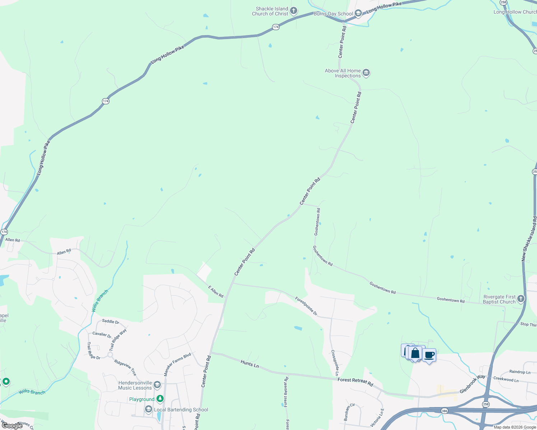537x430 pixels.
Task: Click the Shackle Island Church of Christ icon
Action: tap(294, 11)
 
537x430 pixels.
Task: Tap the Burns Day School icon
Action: tap(358, 14)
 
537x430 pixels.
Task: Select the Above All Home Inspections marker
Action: tap(366, 73)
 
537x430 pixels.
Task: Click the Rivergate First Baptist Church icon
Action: tap(521, 299)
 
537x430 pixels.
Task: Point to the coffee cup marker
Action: tap(429, 355)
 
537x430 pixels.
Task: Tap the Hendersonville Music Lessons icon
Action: tap(157, 385)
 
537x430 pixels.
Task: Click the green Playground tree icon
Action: tap(160, 399)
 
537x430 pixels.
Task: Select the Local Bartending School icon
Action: tap(149, 409)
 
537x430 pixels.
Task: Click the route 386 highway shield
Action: tap(444, 411)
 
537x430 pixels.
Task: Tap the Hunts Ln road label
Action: tap(249, 364)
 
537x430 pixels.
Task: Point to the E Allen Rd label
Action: tap(216, 292)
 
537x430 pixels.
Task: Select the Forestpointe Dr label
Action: tap(306, 306)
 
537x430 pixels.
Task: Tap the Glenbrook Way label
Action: tap(472, 384)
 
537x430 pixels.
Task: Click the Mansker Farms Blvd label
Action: tap(177, 364)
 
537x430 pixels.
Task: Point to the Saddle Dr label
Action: tap(111, 321)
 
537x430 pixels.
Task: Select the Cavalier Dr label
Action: tap(102, 334)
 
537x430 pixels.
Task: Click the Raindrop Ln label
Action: tap(520, 372)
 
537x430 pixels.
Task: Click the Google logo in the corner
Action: tap(12, 426)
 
